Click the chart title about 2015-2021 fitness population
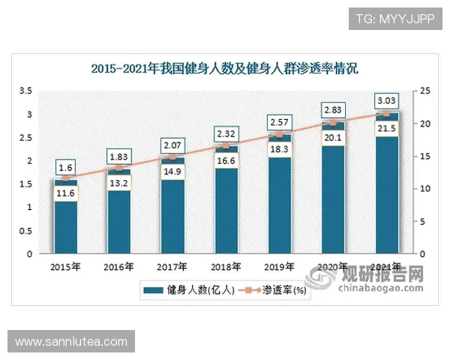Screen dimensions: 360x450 click(x=225, y=69)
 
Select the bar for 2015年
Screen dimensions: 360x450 click(x=65, y=225)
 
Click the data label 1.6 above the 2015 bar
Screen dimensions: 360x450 click(x=65, y=167)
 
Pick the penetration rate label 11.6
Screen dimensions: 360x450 click(x=65, y=194)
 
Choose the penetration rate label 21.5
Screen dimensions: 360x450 click(x=387, y=129)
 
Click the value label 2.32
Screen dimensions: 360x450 click(x=226, y=133)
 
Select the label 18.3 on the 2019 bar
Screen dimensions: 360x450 click(x=280, y=150)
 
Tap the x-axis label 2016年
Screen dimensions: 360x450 click(x=118, y=266)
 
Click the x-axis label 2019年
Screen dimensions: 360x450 click(x=280, y=266)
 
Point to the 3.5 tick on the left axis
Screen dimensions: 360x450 click(x=25, y=91)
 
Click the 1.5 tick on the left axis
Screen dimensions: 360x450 click(x=25, y=184)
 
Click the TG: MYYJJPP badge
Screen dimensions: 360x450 click(x=394, y=19)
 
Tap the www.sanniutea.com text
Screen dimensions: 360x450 click(x=71, y=341)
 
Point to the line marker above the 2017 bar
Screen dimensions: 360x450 click(x=172, y=157)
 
